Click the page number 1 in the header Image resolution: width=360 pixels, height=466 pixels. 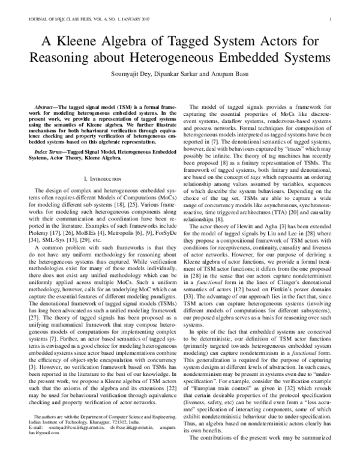click(331, 20)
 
